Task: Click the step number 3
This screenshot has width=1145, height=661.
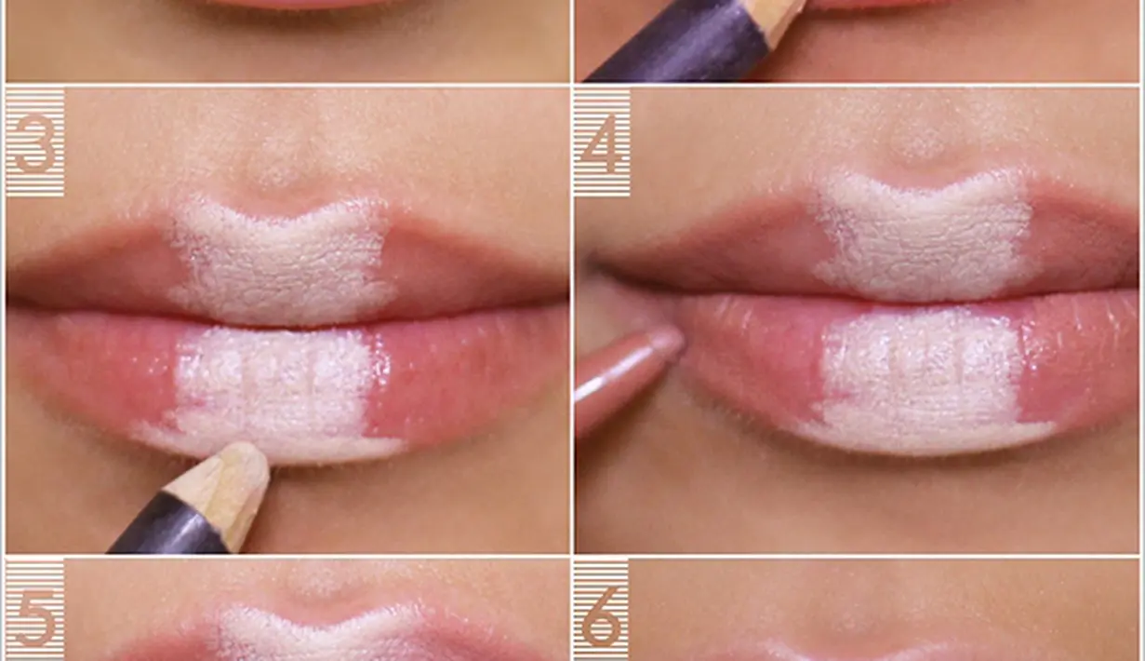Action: click(34, 143)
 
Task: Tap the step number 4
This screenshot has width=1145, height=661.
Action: click(602, 143)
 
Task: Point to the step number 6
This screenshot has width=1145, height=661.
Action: click(602, 617)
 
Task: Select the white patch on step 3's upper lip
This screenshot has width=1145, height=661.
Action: click(281, 261)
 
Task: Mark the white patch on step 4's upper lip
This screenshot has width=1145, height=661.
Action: click(920, 240)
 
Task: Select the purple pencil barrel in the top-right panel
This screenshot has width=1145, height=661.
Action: click(680, 45)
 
